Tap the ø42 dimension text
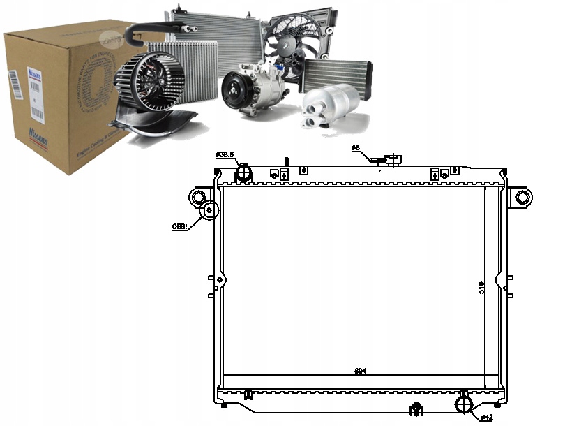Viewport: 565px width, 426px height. click(486, 418)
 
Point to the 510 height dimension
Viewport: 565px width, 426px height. click(482, 287)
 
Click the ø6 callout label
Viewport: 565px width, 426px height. click(355, 148)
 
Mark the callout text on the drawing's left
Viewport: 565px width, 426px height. click(180, 226)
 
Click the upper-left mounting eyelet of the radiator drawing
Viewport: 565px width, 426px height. click(198, 196)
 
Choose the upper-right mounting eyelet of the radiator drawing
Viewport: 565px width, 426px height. click(522, 196)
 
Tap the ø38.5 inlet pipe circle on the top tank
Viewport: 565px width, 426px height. click(243, 172)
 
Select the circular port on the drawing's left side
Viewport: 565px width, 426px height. click(209, 210)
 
